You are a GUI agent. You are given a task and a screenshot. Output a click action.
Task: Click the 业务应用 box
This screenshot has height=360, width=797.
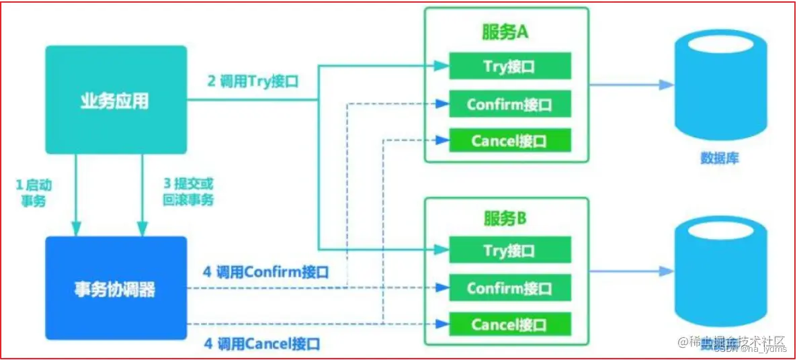116,100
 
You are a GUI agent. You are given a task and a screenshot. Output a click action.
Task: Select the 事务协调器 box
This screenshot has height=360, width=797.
116,289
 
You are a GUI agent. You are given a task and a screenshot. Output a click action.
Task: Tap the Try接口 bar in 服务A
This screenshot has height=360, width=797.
510,66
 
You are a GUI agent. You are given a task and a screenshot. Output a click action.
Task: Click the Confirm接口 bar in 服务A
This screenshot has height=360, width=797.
510,105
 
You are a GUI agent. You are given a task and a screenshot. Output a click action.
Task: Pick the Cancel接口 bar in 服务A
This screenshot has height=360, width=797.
510,141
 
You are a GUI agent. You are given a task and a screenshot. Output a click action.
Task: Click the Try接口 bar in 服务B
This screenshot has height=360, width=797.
510,251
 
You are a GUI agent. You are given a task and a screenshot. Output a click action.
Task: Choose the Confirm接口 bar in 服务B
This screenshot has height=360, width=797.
510,288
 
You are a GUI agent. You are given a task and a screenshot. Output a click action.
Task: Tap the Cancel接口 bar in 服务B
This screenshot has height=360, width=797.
510,324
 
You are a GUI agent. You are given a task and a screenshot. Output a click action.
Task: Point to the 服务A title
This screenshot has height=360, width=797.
506,32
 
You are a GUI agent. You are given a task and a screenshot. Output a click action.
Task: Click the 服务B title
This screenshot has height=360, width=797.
506,218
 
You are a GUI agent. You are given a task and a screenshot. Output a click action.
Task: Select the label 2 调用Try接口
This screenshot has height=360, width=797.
253,83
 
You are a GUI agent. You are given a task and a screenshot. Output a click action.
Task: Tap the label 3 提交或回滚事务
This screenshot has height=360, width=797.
188,193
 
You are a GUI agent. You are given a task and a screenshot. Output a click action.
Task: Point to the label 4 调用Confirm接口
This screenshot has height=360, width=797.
266,272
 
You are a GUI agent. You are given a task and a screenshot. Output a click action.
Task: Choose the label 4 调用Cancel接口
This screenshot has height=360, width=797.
261,344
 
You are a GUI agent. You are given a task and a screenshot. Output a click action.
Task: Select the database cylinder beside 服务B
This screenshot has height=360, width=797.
720,272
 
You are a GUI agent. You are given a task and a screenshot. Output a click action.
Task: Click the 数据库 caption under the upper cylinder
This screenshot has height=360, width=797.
720,159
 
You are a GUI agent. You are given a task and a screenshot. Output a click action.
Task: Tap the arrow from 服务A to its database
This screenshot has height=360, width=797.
632,85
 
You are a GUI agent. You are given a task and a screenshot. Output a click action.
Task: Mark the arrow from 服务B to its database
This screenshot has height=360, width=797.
632,271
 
